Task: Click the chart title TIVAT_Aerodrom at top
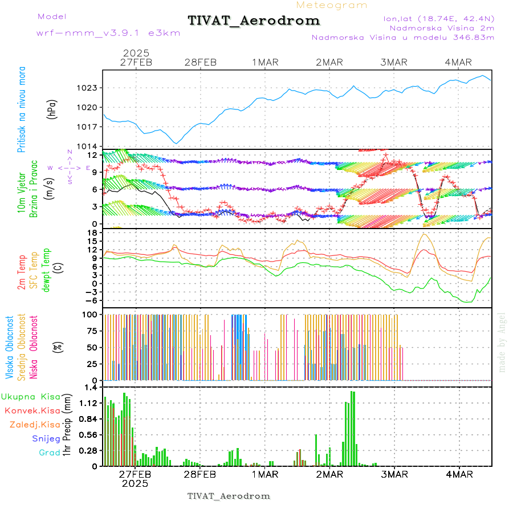click(254, 21)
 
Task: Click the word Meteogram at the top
click(332, 5)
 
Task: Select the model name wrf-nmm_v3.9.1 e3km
click(108, 33)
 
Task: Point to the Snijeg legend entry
click(46, 438)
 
